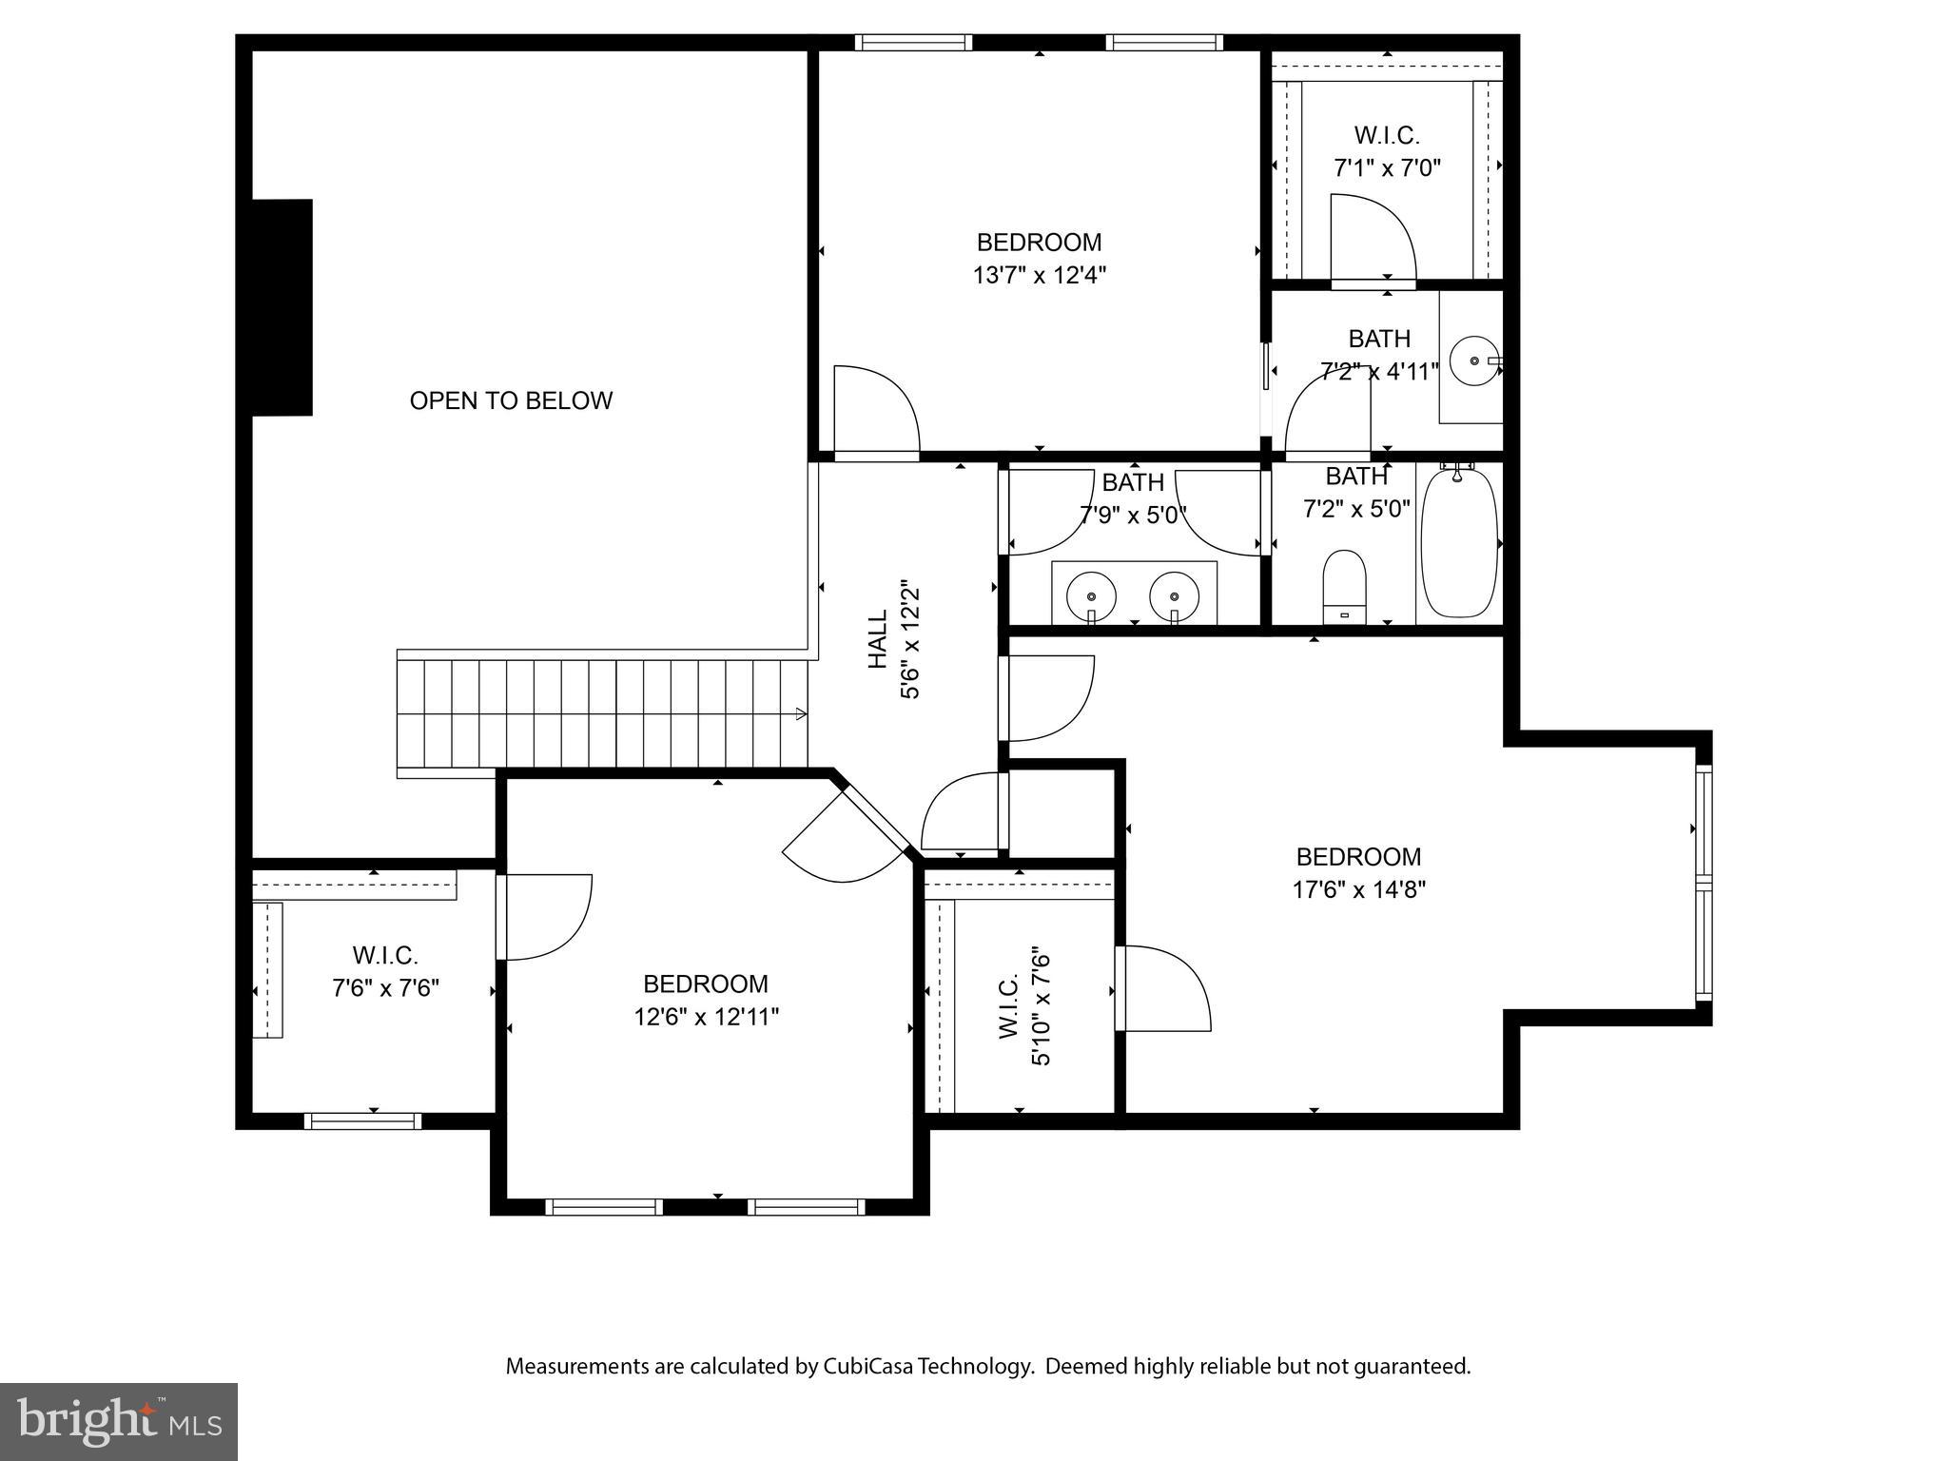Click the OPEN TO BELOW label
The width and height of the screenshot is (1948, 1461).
pyautogui.click(x=511, y=400)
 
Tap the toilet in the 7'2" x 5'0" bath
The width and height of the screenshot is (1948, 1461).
pyautogui.click(x=1344, y=585)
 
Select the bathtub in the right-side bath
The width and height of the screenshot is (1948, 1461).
pyautogui.click(x=1458, y=543)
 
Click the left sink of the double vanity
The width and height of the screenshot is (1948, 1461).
pyautogui.click(x=1091, y=596)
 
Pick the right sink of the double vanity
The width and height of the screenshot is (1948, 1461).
pyautogui.click(x=1174, y=596)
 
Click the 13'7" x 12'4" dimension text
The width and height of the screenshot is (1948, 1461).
pyautogui.click(x=1039, y=276)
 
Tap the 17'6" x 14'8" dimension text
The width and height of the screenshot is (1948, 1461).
pyautogui.click(x=1358, y=890)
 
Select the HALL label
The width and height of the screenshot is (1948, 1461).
pyautogui.click(x=878, y=640)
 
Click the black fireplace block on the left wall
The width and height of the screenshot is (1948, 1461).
pyautogui.click(x=282, y=307)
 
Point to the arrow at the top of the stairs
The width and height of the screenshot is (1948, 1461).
pyautogui.click(x=801, y=713)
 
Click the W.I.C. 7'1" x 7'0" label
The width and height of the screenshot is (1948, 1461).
pyautogui.click(x=1387, y=151)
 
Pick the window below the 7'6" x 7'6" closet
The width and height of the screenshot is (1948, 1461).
pyautogui.click(x=362, y=1121)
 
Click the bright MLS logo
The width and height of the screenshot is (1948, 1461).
pyautogui.click(x=119, y=1422)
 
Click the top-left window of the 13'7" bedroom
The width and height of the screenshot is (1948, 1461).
pyautogui.click(x=912, y=42)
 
